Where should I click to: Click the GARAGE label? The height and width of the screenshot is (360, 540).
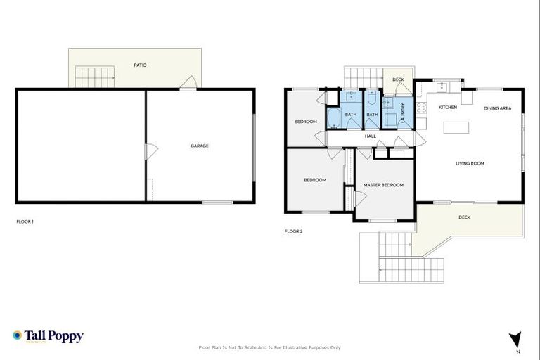(x=199, y=146)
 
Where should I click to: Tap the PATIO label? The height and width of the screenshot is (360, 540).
(x=141, y=65)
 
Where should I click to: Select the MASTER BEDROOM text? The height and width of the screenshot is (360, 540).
(x=383, y=185)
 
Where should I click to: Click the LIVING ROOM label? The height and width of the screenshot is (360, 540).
(x=470, y=164)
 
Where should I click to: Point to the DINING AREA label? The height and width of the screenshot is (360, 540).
(x=497, y=108)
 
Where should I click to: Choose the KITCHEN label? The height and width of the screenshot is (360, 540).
(x=448, y=108)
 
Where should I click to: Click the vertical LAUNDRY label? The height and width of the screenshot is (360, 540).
(x=403, y=114)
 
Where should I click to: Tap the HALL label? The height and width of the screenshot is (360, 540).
(x=371, y=136)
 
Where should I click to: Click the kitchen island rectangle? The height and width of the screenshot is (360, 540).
(x=456, y=128)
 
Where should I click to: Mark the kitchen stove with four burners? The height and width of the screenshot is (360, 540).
(x=421, y=108)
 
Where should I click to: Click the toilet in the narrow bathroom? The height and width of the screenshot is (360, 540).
(x=372, y=98)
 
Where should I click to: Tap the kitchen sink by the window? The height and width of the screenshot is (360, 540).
(x=442, y=87)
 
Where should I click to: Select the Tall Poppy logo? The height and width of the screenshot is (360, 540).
(x=48, y=336)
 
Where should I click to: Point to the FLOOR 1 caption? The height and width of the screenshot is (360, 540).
(x=25, y=221)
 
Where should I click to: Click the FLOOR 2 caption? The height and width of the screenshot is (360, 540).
(x=293, y=231)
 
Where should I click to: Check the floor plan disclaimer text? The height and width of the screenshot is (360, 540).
(x=270, y=347)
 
